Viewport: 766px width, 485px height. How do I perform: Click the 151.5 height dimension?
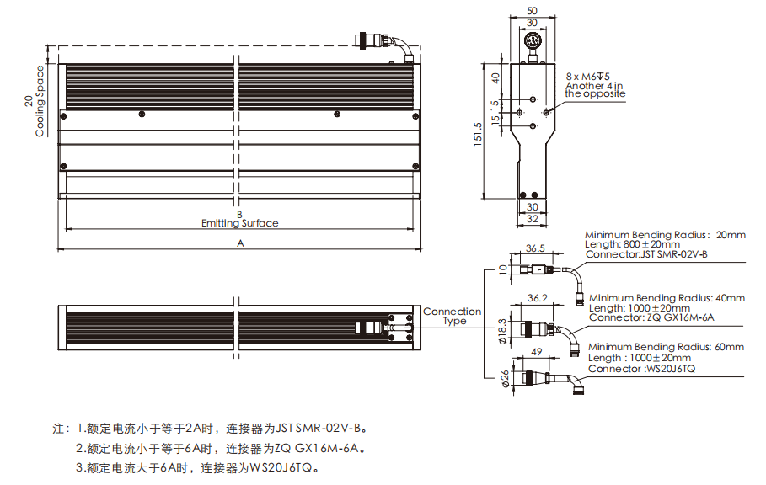479,134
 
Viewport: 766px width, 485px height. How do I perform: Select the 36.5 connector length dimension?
536,249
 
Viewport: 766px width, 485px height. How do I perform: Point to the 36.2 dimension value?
536,298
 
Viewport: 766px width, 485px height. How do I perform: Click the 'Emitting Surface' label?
239,223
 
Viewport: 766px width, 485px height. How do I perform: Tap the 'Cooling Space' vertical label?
40,100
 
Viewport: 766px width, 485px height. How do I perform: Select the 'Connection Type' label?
453,316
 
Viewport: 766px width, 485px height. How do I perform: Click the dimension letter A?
240,243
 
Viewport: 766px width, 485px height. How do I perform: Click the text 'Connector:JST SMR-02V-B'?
646,254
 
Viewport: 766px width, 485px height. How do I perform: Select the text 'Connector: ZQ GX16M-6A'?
651,317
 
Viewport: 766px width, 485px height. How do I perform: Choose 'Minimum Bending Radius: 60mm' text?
666,347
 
